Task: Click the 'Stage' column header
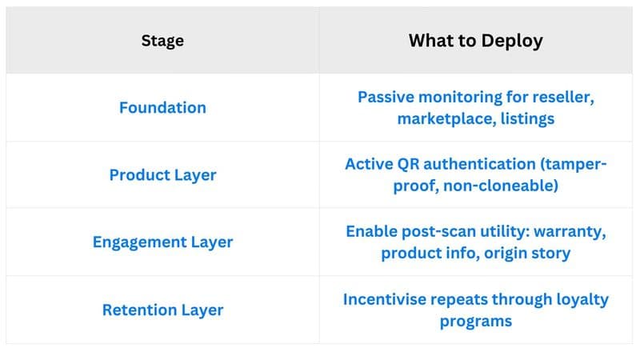pos(162,41)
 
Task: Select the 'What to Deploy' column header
pos(476,41)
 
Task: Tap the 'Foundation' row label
pos(162,107)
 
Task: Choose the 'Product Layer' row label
pos(162,174)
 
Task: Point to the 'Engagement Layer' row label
pos(162,242)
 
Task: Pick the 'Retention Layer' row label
pos(162,310)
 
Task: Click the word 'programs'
pos(476,321)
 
